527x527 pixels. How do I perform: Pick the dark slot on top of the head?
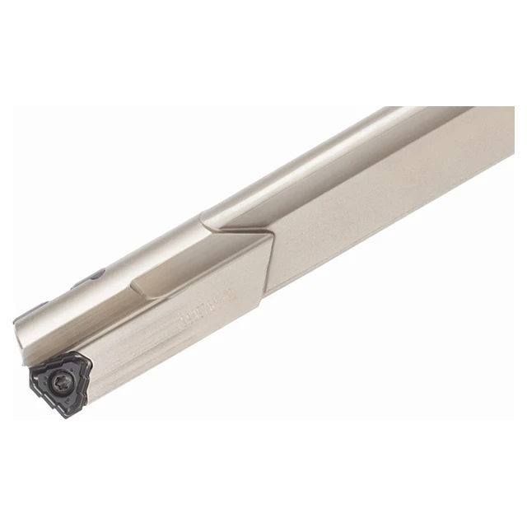click(x=90, y=277)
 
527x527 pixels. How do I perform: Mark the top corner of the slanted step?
click(x=272, y=234)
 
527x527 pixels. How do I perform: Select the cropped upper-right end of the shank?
click(x=494, y=124)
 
